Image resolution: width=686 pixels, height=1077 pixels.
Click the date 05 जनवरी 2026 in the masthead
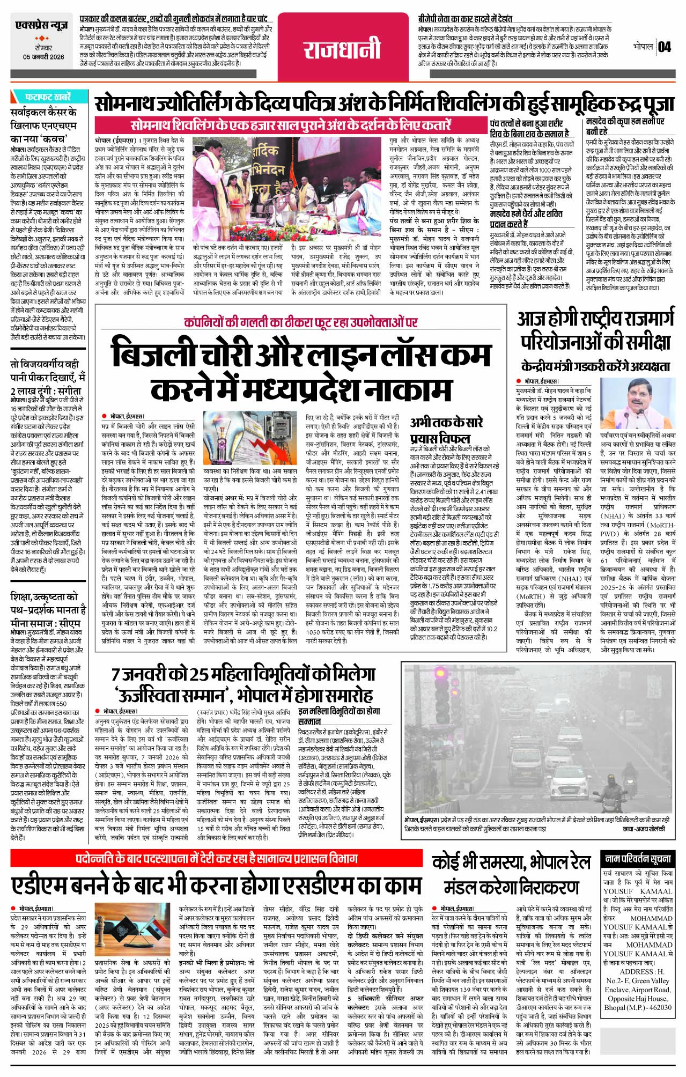(x=43, y=57)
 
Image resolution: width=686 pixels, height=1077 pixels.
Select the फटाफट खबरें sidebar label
(x=47, y=97)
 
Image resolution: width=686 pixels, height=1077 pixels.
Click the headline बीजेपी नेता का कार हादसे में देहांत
(x=465, y=18)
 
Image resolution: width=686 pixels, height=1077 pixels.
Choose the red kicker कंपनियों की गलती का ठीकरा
(x=300, y=322)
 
